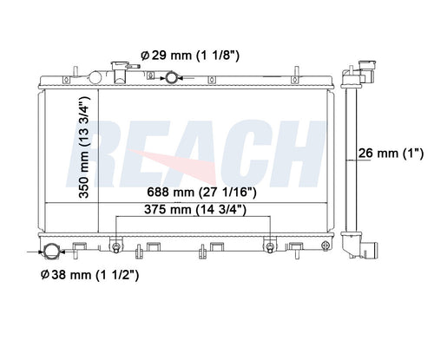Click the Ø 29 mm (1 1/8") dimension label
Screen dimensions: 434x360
click(190, 56)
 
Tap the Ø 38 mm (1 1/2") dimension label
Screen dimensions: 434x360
click(89, 275)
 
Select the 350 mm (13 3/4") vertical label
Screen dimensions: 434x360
click(84, 147)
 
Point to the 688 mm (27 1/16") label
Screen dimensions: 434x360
click(201, 192)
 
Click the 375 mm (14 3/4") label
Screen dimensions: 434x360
click(195, 210)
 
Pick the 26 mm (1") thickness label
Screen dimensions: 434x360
click(391, 153)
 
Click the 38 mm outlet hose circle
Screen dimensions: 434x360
click(52, 252)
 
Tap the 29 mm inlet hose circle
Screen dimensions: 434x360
click(171, 78)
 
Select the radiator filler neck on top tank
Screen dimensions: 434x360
click(121, 72)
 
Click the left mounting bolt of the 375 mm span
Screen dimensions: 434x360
click(116, 247)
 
